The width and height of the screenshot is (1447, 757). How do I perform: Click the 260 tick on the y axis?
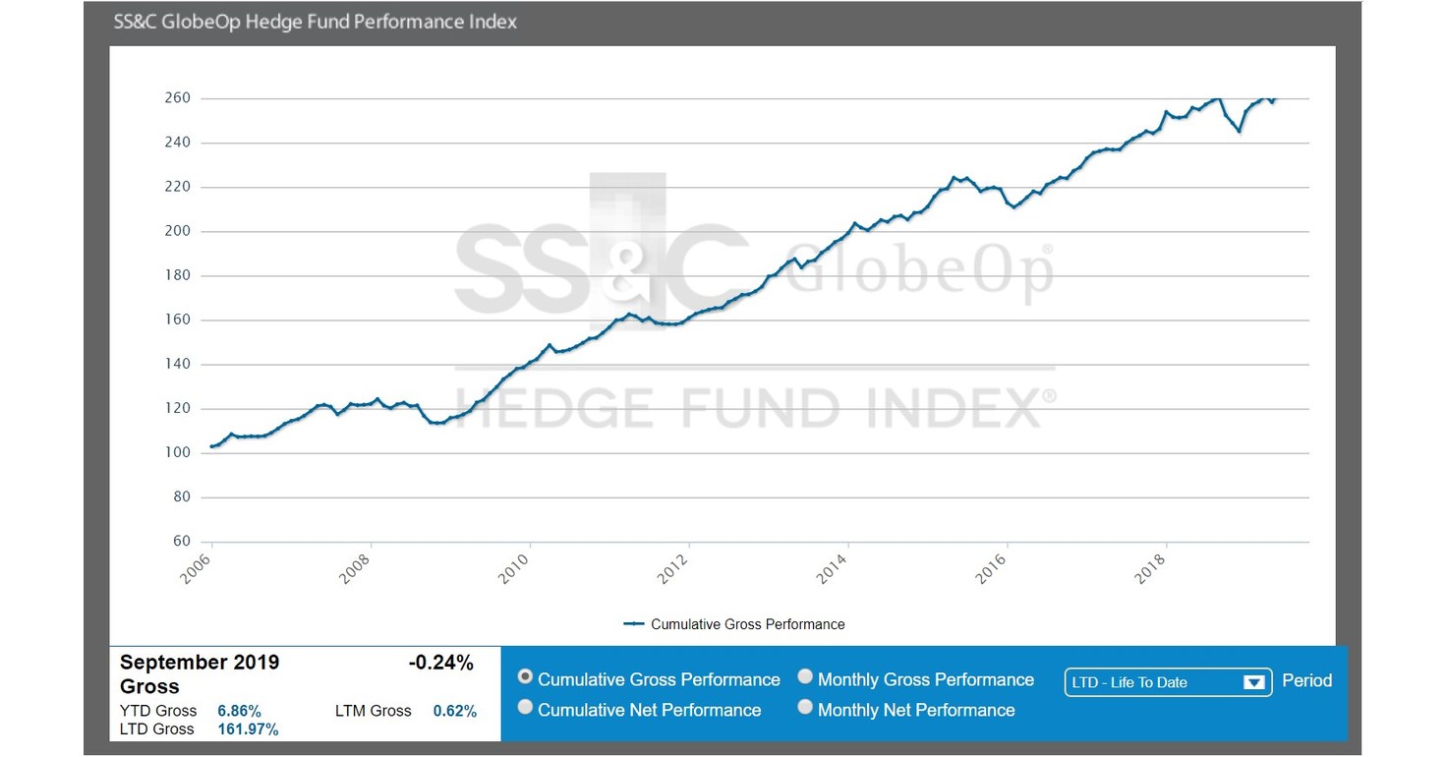click(177, 98)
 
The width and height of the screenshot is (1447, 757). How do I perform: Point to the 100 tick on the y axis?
click(177, 453)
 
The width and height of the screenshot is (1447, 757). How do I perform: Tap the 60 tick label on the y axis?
click(181, 542)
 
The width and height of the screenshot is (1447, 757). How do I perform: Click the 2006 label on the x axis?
click(198, 569)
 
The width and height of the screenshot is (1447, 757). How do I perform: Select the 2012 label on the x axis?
click(675, 569)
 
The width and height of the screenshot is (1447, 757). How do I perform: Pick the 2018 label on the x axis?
click(1152, 569)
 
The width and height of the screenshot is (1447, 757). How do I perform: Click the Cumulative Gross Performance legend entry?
click(747, 624)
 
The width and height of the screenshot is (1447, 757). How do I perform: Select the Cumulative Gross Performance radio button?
click(526, 677)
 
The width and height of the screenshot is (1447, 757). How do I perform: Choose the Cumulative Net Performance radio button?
click(526, 708)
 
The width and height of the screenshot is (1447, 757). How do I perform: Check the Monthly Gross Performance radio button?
click(805, 677)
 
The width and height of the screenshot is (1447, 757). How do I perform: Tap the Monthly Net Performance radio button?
click(805, 708)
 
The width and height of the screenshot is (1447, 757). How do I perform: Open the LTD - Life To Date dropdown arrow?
click(1253, 682)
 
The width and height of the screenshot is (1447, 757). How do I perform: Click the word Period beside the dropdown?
click(1306, 680)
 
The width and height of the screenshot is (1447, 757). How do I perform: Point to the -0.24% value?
click(440, 664)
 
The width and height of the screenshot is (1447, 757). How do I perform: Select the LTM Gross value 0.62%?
click(454, 711)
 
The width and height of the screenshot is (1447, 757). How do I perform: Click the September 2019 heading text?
click(200, 663)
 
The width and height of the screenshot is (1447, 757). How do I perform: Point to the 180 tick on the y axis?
click(177, 276)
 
